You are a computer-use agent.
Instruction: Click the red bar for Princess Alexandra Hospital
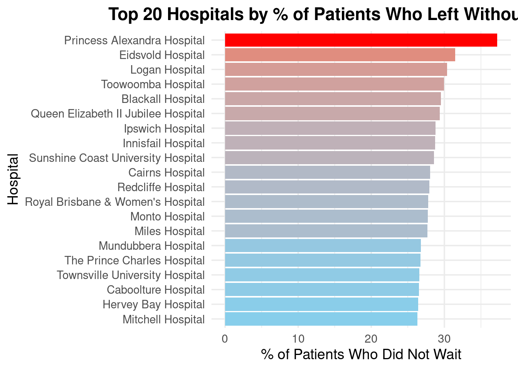[361, 40]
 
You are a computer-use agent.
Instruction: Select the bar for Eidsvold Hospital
[340, 55]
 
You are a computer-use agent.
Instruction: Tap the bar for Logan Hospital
[336, 69]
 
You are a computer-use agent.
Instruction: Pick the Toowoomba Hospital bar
[334, 84]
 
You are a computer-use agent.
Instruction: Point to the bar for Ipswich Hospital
[330, 128]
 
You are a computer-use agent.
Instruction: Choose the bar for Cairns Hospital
[327, 172]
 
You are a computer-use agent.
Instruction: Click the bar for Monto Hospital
[326, 216]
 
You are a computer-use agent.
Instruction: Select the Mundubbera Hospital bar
[323, 246]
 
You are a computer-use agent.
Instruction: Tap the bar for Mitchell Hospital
[321, 319]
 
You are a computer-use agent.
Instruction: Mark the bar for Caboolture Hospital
[322, 289]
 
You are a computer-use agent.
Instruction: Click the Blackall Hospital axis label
[163, 99]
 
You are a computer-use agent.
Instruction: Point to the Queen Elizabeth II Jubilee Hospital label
[118, 114]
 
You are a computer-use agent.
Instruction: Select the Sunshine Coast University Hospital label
[117, 158]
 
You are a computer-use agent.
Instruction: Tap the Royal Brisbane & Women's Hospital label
[115, 202]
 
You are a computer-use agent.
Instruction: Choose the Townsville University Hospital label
[131, 275]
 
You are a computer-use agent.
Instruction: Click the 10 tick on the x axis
[298, 339]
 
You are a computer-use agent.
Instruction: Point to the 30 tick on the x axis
[444, 339]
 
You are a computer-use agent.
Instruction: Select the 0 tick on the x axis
[225, 339]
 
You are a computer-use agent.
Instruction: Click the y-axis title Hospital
[13, 179]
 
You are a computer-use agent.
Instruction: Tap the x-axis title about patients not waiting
[361, 355]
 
